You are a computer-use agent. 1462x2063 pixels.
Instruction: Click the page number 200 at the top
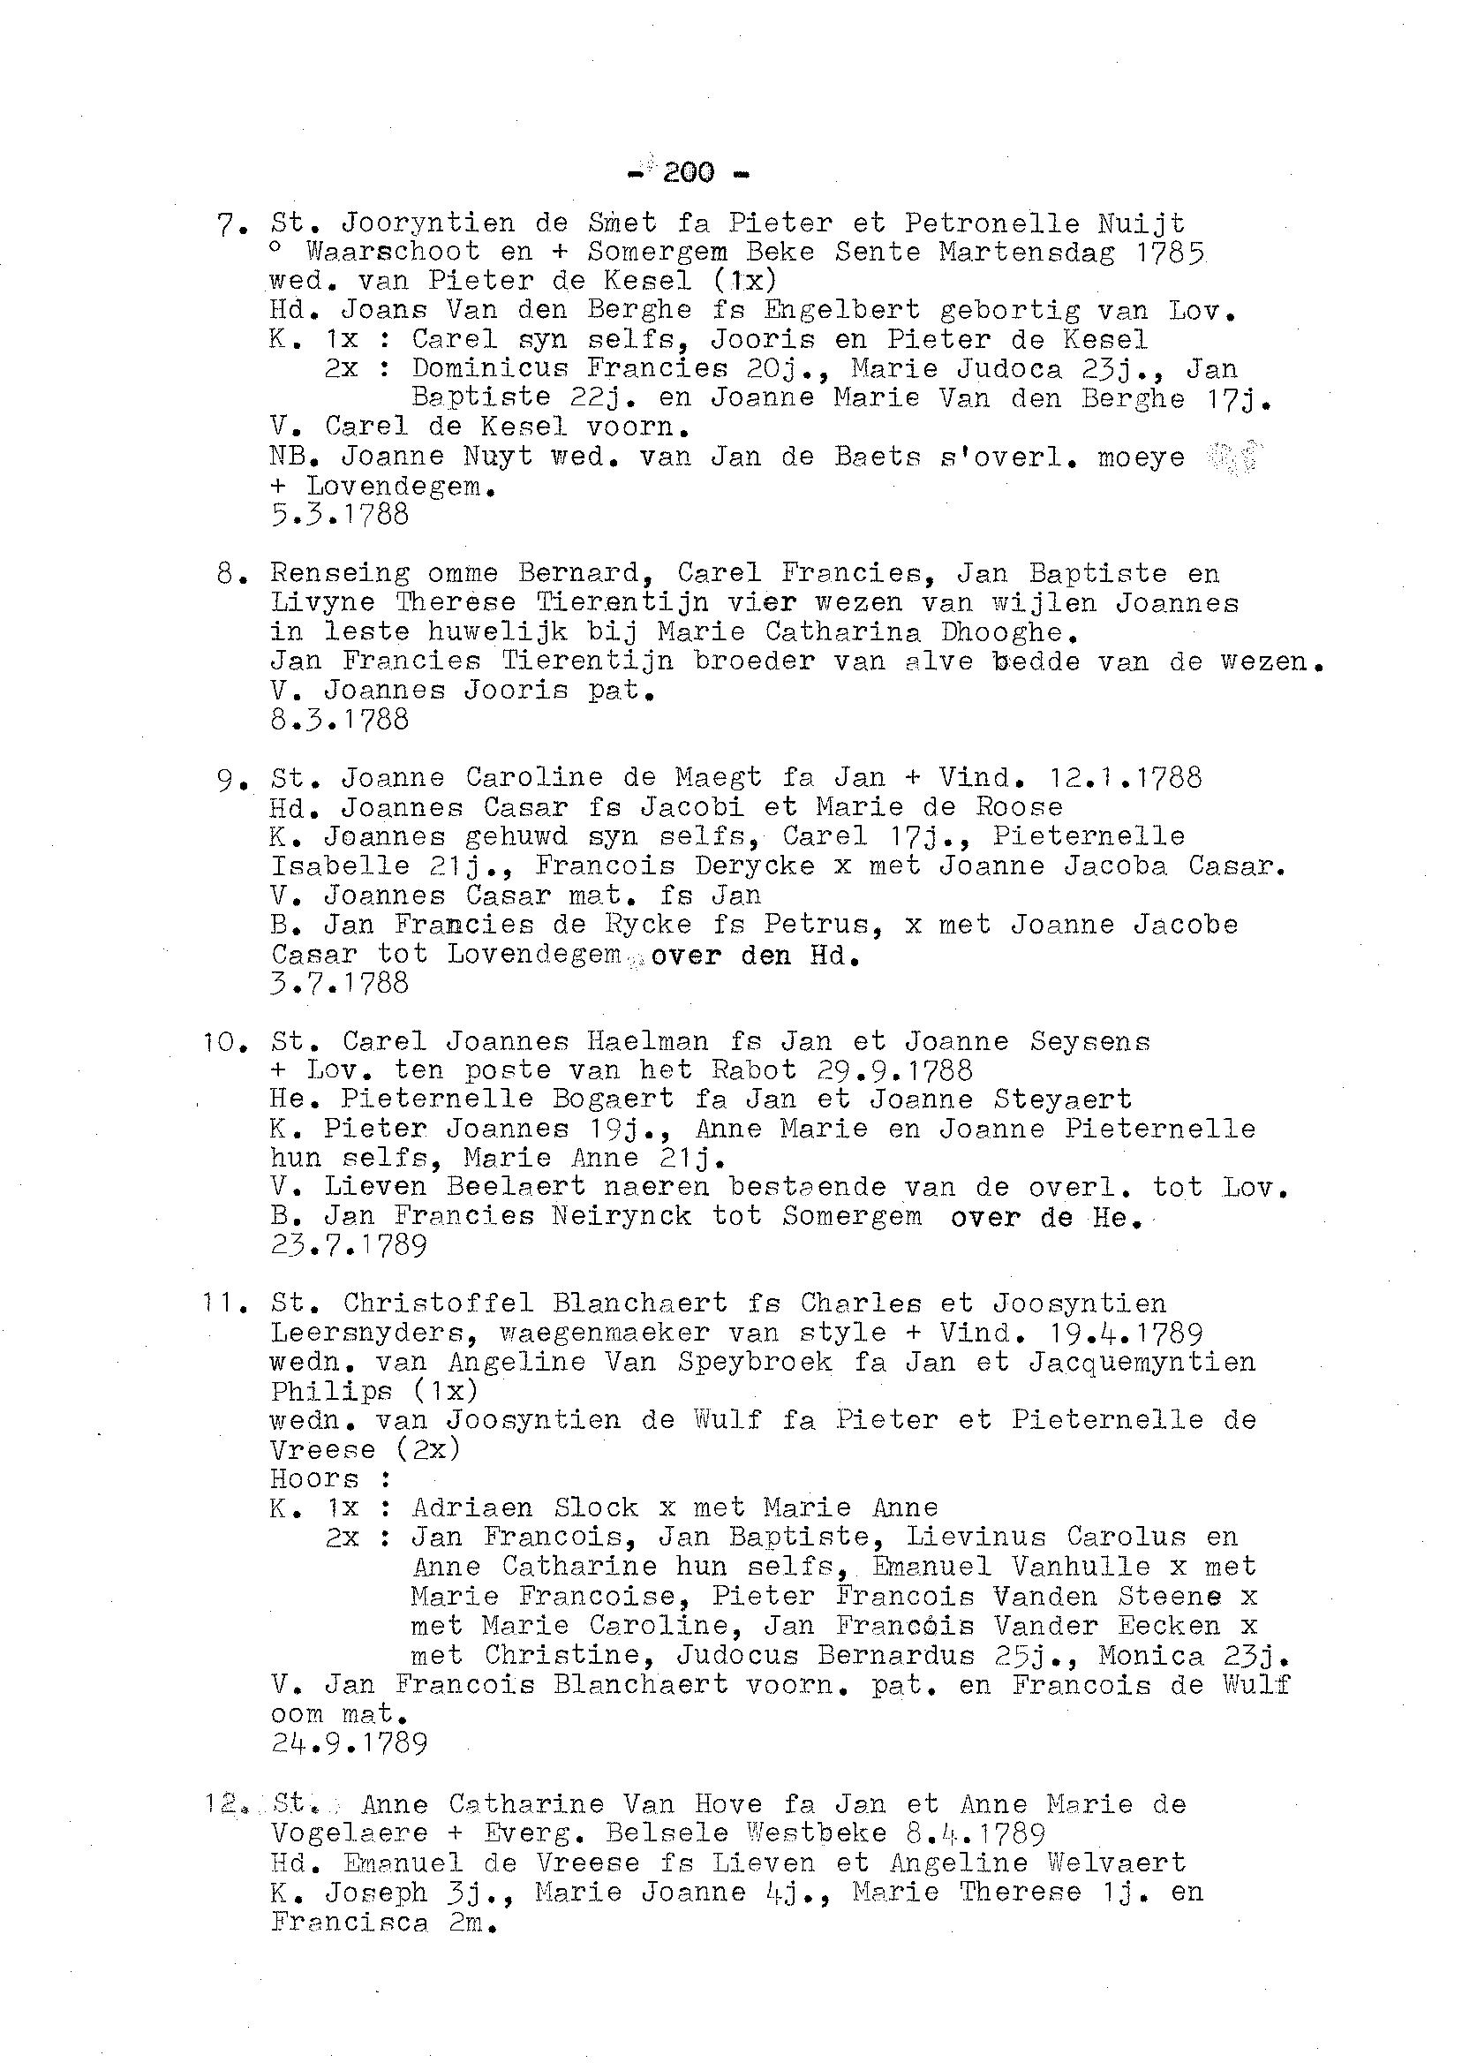689,171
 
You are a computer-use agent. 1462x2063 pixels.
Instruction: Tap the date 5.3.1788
339,515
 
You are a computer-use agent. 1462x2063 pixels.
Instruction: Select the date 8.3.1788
339,720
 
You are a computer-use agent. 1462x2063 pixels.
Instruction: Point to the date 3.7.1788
339,982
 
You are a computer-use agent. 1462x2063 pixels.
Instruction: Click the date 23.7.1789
349,1245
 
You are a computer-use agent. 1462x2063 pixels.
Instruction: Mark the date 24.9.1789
349,1744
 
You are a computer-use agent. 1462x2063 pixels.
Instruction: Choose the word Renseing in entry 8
339,574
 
